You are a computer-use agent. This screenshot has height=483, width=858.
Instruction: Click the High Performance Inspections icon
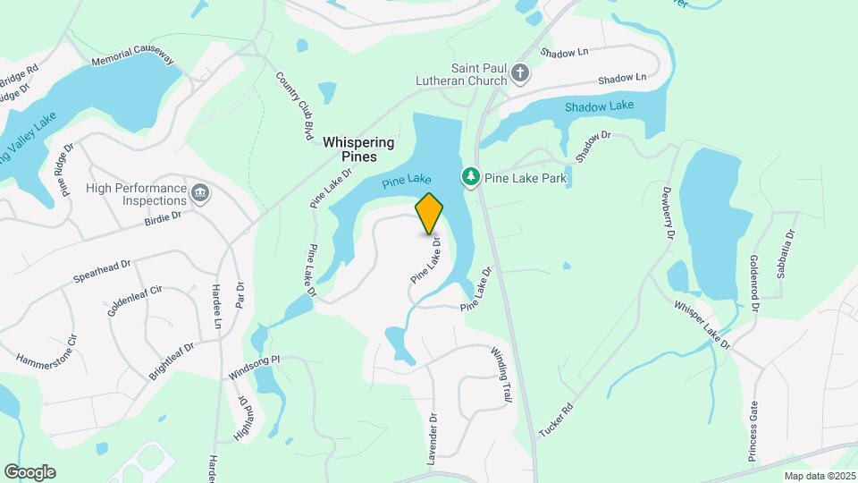pyautogui.click(x=199, y=193)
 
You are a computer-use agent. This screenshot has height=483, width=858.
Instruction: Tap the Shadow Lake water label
pyautogui.click(x=599, y=106)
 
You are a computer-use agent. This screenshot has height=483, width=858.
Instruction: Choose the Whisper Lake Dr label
pyautogui.click(x=702, y=325)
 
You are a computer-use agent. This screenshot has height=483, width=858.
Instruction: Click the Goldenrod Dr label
pyautogui.click(x=755, y=282)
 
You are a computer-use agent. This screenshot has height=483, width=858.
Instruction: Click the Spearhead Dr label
pyautogui.click(x=102, y=271)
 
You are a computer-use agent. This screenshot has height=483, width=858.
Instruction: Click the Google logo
pyautogui.click(x=29, y=472)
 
